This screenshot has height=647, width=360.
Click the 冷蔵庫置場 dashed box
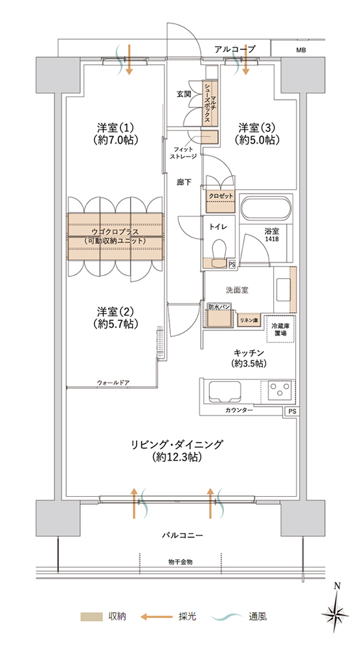[281, 329]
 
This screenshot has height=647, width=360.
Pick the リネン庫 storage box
[248, 320]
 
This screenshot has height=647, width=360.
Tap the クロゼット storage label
[219, 195]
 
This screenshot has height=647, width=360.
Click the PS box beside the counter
[292, 411]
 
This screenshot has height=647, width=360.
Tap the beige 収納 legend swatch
[91, 617]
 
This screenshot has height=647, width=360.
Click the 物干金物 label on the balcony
[181, 562]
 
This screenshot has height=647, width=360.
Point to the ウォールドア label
[113, 382]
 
